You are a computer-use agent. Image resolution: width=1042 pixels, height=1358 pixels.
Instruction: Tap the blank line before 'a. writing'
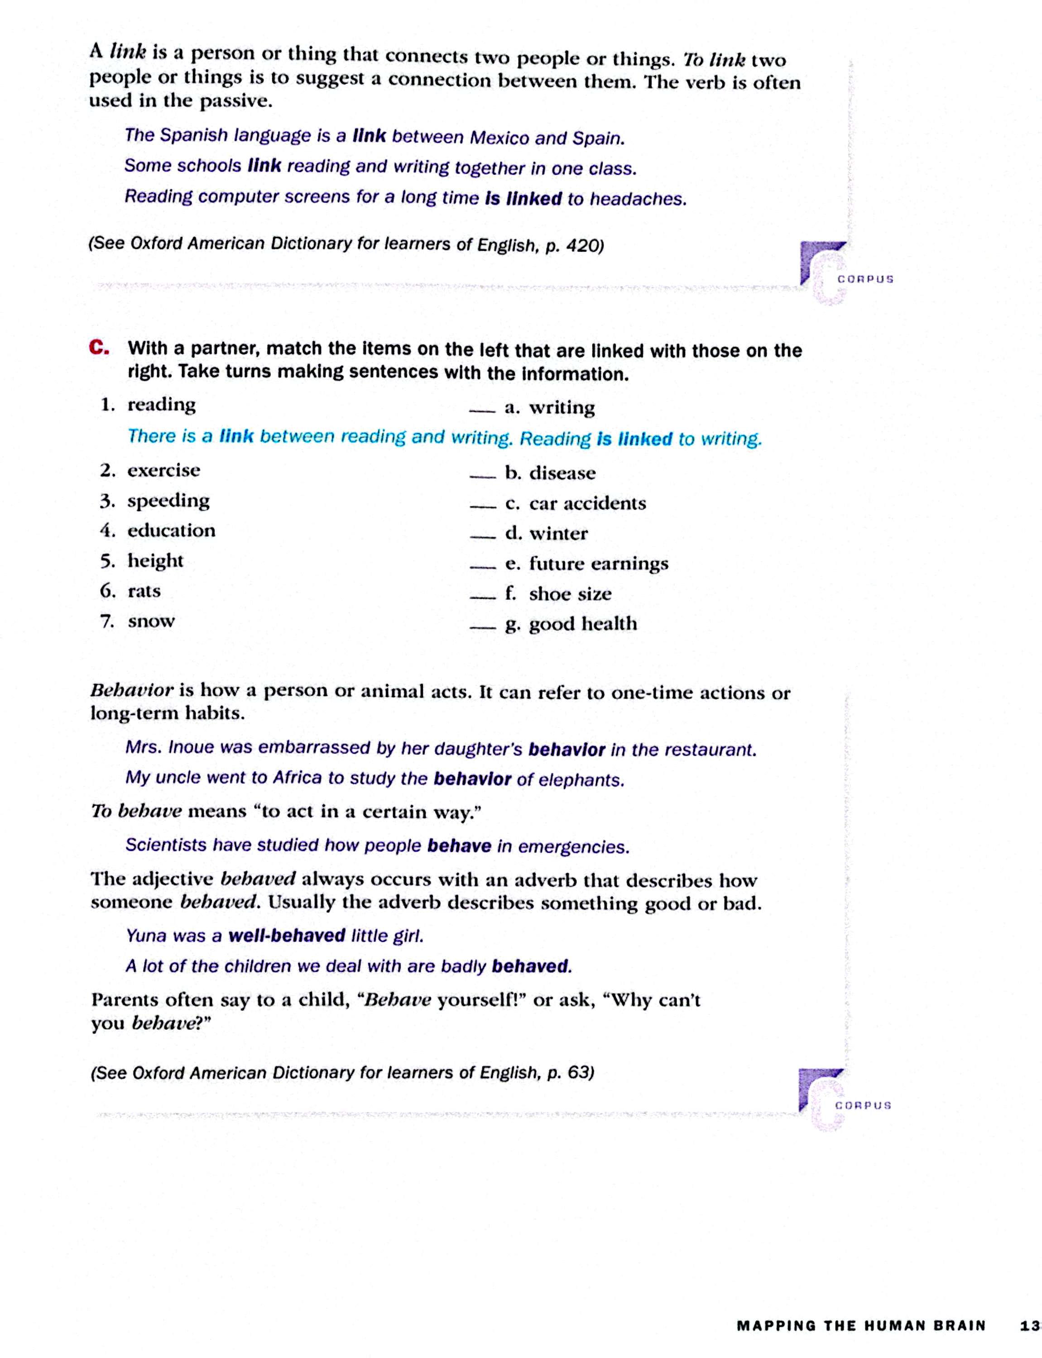[482, 411]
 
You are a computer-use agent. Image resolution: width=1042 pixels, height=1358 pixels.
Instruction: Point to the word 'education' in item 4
[171, 531]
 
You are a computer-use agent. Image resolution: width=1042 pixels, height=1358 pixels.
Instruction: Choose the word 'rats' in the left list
[144, 591]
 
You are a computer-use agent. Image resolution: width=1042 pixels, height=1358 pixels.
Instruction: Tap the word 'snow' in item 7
[151, 621]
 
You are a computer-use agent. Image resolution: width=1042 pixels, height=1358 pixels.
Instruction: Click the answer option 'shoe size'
[570, 594]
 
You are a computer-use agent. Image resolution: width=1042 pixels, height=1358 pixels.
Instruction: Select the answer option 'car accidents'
[587, 503]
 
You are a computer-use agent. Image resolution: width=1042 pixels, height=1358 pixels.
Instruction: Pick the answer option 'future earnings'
[599, 564]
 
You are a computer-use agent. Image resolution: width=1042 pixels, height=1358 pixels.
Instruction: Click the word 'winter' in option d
[558, 534]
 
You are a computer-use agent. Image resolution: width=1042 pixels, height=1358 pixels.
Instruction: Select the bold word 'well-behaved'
[287, 935]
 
